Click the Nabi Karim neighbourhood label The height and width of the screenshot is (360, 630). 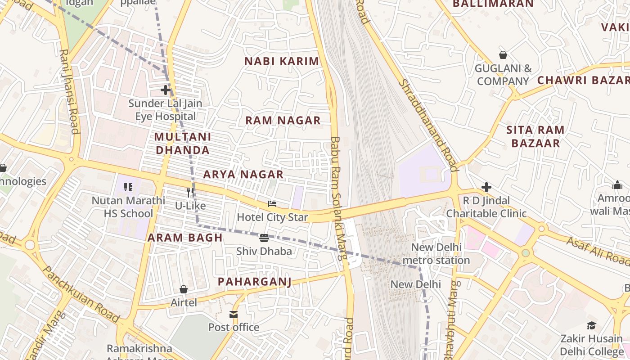[282, 61]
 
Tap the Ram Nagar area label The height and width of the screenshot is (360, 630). [283, 120]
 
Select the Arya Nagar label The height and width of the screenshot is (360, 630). [243, 174]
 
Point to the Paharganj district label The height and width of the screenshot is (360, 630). [255, 282]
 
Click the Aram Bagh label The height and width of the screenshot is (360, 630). [185, 238]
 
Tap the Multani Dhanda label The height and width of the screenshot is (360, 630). [182, 143]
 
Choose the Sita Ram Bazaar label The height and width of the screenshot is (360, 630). [535, 137]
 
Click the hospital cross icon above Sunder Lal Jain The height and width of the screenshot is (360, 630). [166, 90]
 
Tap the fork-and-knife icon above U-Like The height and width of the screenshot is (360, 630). [190, 193]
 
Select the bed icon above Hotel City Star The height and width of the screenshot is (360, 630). [272, 204]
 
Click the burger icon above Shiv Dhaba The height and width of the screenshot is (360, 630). [264, 238]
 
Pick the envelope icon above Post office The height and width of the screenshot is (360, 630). [234, 314]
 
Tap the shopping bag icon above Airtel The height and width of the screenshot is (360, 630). [184, 289]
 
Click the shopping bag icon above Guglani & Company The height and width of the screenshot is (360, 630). [503, 55]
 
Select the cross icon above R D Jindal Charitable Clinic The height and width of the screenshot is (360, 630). [486, 187]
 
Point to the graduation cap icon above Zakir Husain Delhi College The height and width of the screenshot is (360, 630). [591, 325]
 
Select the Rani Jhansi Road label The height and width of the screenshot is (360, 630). [69, 91]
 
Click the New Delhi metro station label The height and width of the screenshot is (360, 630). [436, 254]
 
